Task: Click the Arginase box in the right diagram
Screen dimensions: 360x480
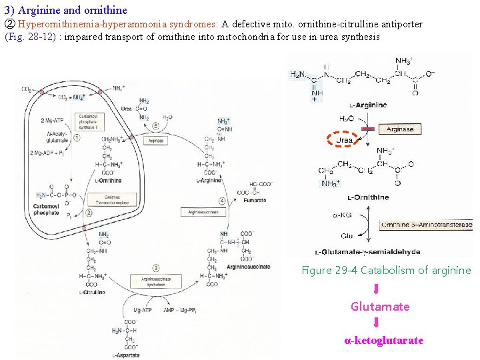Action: pos(400,129)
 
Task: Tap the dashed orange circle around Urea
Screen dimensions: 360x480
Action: pos(344,139)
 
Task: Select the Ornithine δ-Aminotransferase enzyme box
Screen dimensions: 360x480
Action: pos(426,225)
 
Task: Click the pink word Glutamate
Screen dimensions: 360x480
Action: pos(380,307)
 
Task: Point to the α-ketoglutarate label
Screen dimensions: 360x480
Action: pos(383,341)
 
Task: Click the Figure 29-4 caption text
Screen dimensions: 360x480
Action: pos(386,270)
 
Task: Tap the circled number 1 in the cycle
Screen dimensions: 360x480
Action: pos(77,138)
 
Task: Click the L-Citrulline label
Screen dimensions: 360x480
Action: pos(93,292)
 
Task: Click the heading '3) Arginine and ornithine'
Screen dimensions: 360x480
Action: pos(65,11)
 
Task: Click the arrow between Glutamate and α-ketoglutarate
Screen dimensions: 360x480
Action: pos(377,323)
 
